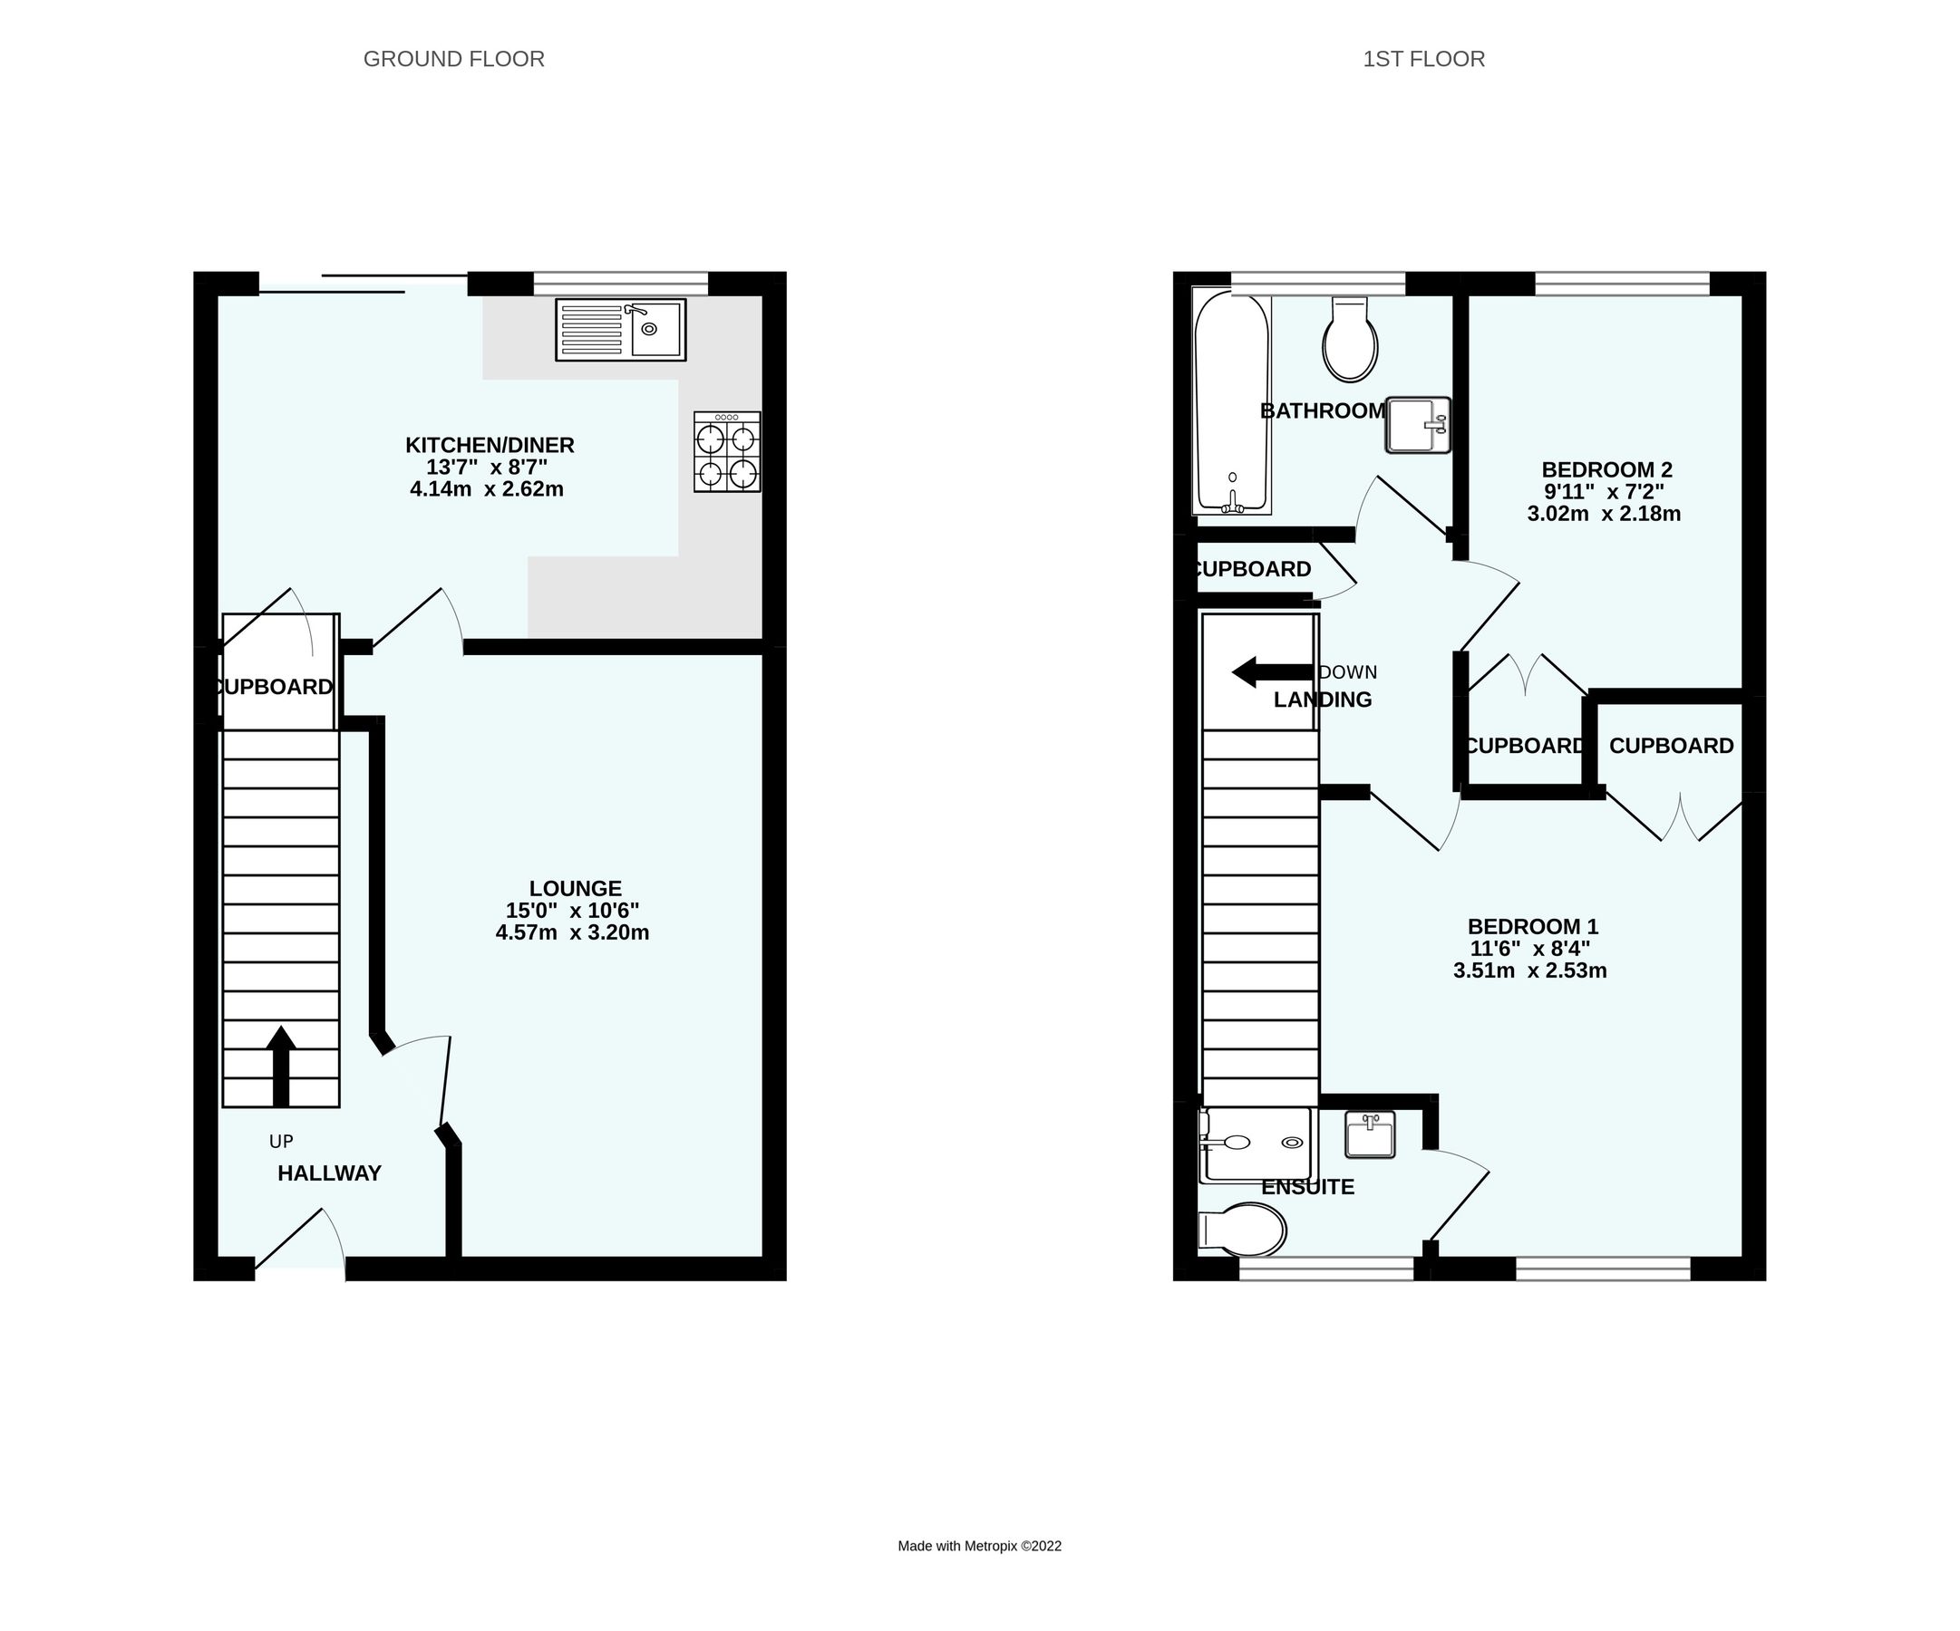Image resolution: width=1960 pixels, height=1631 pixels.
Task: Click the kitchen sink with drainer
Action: (x=620, y=330)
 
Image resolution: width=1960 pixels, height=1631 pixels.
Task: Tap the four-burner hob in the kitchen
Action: (x=726, y=452)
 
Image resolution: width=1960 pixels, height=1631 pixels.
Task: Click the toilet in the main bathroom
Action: (x=1350, y=341)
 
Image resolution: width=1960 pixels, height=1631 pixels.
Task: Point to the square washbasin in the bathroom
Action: (x=1417, y=425)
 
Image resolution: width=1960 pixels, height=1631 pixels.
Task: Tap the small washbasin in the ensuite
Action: (x=1369, y=1134)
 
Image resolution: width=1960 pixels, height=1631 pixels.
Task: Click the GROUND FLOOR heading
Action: (x=453, y=59)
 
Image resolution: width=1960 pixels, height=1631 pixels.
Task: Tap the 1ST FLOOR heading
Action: (x=1422, y=59)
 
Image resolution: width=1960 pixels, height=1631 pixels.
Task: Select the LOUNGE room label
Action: (x=575, y=888)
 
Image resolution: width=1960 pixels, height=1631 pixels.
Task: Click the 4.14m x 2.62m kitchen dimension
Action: (x=486, y=489)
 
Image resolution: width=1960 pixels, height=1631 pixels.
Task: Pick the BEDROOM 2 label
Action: (x=1606, y=469)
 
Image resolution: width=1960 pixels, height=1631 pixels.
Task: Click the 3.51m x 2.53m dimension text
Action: (x=1528, y=970)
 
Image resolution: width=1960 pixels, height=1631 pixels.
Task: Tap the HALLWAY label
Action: (x=329, y=1173)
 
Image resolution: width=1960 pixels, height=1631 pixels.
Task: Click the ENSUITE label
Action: (x=1306, y=1187)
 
